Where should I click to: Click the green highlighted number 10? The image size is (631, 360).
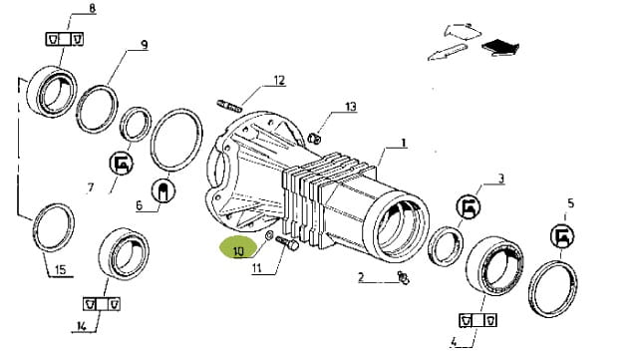tap(238, 251)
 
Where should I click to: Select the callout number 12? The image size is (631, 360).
tap(279, 81)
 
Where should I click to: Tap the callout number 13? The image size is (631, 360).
tap(351, 107)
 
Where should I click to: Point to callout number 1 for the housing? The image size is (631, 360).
tap(404, 143)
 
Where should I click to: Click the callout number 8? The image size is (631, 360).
tap(92, 9)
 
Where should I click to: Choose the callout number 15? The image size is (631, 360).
tap(60, 269)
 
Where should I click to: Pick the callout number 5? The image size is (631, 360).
tap(570, 203)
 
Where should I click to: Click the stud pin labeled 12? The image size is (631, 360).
tap(229, 106)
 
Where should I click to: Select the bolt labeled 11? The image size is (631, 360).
tap(287, 243)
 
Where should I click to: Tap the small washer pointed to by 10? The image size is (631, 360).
tap(269, 234)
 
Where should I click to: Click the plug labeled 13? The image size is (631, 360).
tap(315, 139)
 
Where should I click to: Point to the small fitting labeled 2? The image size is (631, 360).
tap(404, 278)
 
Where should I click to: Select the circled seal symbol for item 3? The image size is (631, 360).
tap(469, 206)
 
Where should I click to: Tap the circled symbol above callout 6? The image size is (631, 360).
tap(162, 190)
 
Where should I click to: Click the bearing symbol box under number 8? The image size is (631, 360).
tap(64, 39)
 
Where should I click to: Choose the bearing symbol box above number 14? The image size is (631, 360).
tap(102, 303)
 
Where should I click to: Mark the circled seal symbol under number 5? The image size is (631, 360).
tap(562, 236)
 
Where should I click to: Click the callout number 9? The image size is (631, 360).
tap(145, 45)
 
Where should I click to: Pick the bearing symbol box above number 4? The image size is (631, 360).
tap(477, 320)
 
